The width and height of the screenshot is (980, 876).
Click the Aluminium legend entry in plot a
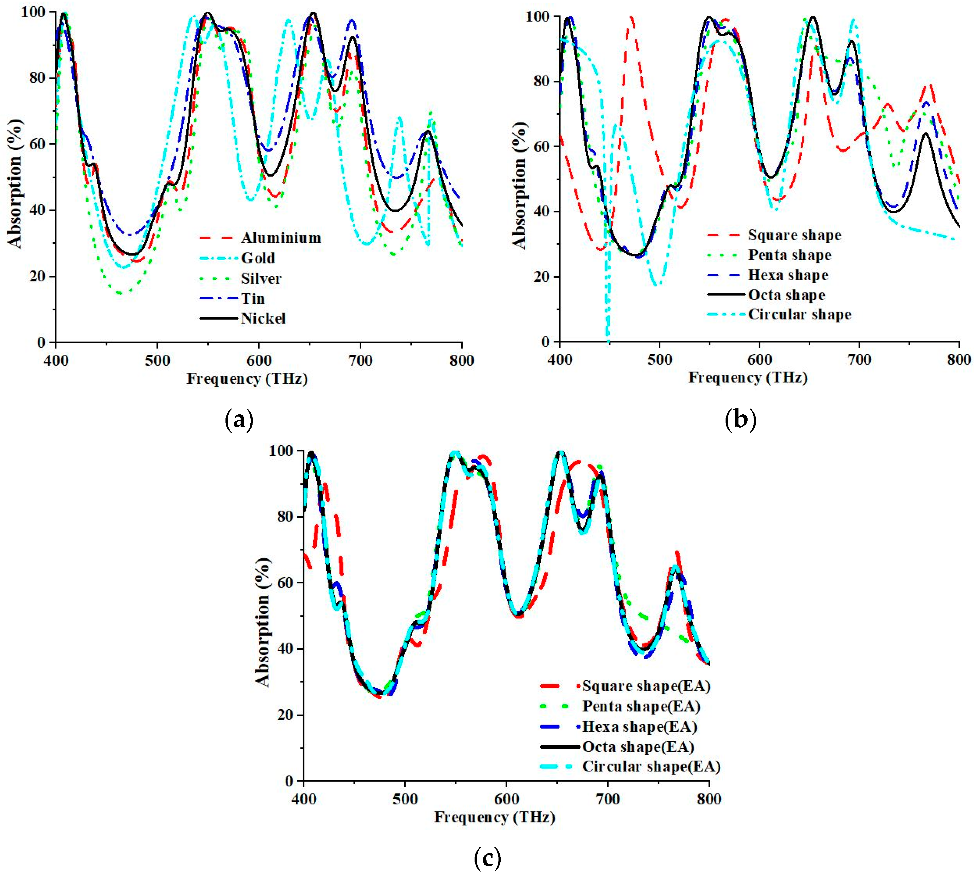pyautogui.click(x=281, y=238)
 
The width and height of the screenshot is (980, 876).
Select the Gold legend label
pyautogui.click(x=258, y=258)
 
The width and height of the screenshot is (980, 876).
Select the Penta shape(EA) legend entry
pyautogui.click(x=641, y=706)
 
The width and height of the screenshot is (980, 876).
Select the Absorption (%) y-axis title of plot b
pyautogui.click(x=520, y=185)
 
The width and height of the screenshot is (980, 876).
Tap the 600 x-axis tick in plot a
pyautogui.click(x=259, y=360)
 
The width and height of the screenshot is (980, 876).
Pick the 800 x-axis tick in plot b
pyautogui.click(x=959, y=360)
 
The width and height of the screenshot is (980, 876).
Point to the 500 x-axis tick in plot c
pyautogui.click(x=405, y=799)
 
